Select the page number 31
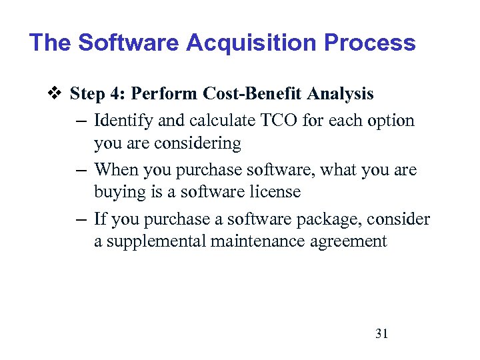(x=381, y=333)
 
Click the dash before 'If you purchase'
(x=80, y=219)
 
